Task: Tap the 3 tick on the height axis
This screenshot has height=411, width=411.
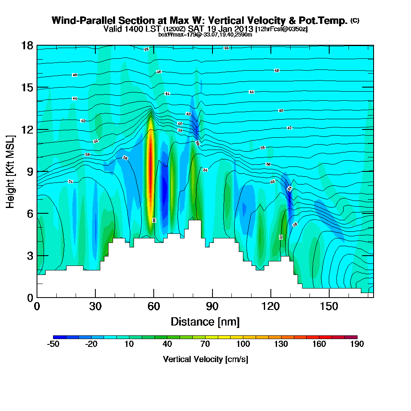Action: tap(29, 255)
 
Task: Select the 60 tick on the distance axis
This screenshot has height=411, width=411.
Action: tap(154, 306)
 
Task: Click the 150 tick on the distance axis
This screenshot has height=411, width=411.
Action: tap(329, 306)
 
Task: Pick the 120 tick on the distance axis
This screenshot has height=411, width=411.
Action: tap(271, 306)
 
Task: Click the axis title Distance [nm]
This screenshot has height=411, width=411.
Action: tap(205, 321)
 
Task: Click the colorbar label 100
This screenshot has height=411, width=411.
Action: tap(243, 344)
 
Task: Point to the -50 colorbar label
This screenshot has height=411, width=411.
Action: tap(53, 344)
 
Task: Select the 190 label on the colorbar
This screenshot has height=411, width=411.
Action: tap(357, 344)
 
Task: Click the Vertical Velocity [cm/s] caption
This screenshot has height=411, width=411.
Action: tap(205, 359)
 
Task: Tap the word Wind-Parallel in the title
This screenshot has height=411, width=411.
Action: tap(79, 21)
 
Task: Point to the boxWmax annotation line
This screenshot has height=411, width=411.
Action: tap(205, 35)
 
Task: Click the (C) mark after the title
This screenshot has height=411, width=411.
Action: tap(355, 21)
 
